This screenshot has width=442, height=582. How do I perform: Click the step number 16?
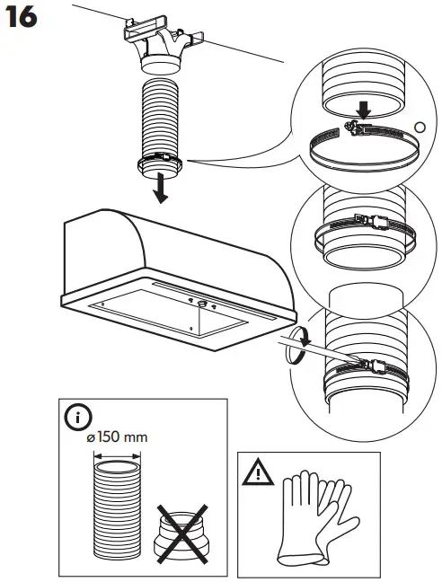pos(21,17)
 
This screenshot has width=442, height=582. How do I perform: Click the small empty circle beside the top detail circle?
pos(418,126)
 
